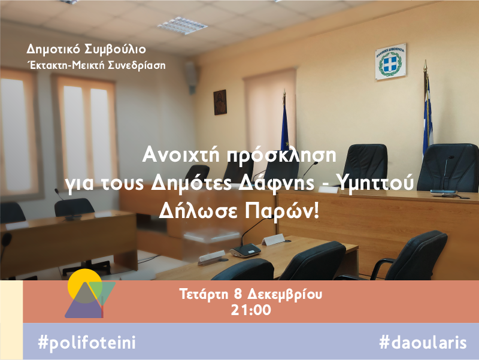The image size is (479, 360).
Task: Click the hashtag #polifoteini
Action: [87, 342]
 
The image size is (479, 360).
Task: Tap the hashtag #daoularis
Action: [423, 342]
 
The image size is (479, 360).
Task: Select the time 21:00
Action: [251, 310]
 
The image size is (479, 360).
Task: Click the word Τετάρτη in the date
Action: [204, 294]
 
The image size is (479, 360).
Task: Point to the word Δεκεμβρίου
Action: [284, 294]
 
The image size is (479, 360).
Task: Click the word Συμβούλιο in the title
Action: [115, 50]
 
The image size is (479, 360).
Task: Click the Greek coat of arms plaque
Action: [391, 62]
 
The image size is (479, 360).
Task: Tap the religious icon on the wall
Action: [220, 102]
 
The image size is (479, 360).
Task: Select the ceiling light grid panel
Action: [183, 26]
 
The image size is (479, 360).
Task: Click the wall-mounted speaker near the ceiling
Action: [191, 77]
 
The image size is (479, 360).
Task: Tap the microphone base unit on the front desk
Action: [245, 250]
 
